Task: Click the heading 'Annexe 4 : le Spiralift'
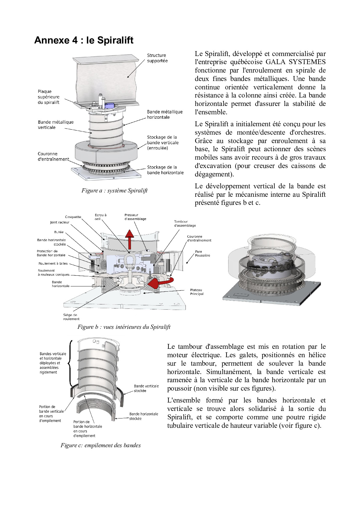[x=84, y=40]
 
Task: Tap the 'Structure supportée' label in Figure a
[x=157, y=58]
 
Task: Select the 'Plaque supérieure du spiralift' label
[x=48, y=97]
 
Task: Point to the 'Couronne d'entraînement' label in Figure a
[x=53, y=156]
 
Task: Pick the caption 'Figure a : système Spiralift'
[x=114, y=191]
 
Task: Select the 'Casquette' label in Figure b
[x=73, y=217]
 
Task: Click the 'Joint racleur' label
[x=60, y=222]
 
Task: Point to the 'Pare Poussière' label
[x=202, y=254]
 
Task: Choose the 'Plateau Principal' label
[x=197, y=292]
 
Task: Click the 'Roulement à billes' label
[x=53, y=263]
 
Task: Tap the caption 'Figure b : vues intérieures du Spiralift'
[x=124, y=327]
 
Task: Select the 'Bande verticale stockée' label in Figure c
[x=146, y=388]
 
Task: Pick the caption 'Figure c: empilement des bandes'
[x=100, y=445]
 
